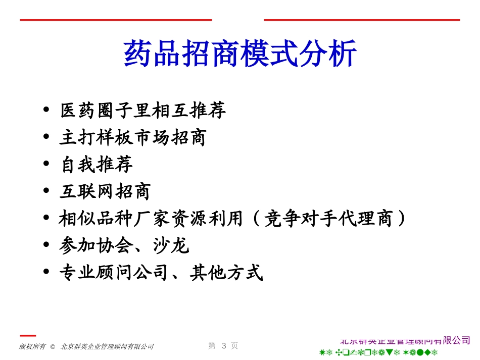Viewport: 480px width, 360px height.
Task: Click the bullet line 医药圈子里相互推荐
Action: click(143, 110)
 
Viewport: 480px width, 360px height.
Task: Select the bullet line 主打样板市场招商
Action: click(133, 137)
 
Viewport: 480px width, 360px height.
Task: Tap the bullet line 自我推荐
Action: click(97, 165)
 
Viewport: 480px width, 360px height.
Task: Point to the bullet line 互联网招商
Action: click(105, 192)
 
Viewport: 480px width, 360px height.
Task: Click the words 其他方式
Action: click(226, 274)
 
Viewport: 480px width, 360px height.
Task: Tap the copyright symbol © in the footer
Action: click(53, 346)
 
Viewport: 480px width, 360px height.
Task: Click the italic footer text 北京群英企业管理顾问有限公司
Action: click(107, 346)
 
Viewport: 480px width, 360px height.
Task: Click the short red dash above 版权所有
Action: click(28, 336)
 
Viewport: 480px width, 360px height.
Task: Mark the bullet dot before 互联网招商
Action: click(47, 191)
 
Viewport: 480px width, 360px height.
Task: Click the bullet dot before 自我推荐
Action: click(47, 164)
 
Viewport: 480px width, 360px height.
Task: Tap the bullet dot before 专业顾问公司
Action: click(47, 273)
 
